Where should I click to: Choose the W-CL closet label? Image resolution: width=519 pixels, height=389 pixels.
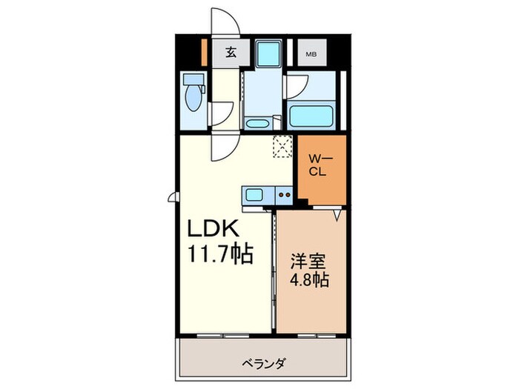pyautogui.click(x=320, y=164)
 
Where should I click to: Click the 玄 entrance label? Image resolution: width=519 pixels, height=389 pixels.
pyautogui.click(x=230, y=53)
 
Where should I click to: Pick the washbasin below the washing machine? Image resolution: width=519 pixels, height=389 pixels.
pyautogui.click(x=257, y=122)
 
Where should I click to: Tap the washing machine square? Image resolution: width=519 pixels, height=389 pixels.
pyautogui.click(x=265, y=53)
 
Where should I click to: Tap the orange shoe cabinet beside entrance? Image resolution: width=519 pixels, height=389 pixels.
pyautogui.click(x=205, y=53)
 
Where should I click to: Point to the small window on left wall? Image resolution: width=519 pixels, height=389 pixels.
pyautogui.click(x=173, y=196)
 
